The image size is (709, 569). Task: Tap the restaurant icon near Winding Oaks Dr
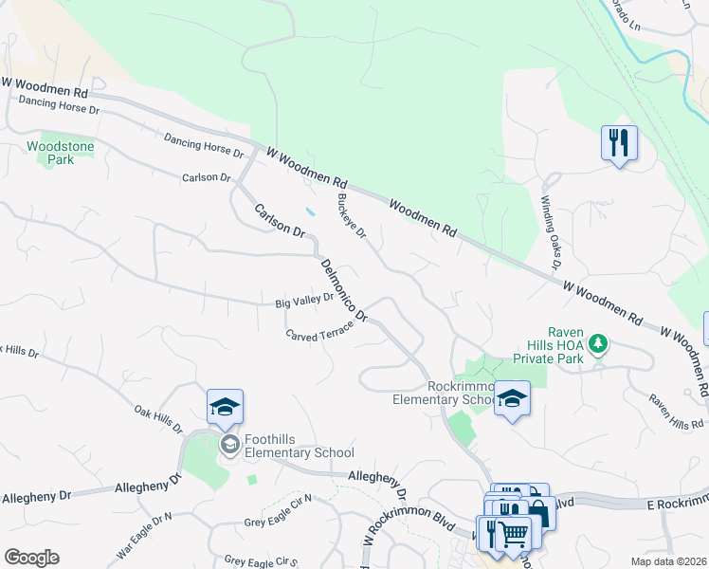[619, 143]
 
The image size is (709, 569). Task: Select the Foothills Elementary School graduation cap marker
[225, 408]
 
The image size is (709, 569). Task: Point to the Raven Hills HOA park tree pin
[598, 341]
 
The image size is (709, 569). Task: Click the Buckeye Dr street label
[351, 216]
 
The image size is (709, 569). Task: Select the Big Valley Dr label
[304, 301]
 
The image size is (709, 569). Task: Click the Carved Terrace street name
[319, 330]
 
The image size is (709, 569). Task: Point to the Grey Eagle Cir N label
[278, 522]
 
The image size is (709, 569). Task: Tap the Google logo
[31, 558]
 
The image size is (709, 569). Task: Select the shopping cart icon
[513, 533]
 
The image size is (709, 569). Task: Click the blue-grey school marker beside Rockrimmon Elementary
[512, 399]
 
